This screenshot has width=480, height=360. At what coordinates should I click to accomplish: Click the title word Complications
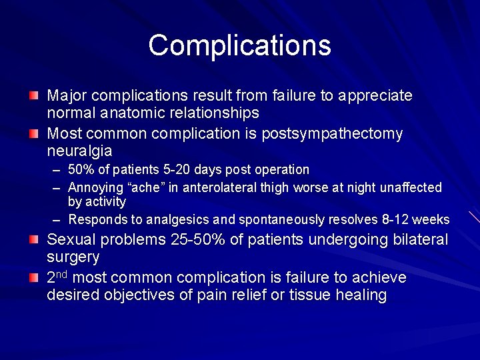[239, 45]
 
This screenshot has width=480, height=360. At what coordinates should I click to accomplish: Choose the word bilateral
[418, 240]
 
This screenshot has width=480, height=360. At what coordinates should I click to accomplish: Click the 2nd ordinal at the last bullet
[58, 277]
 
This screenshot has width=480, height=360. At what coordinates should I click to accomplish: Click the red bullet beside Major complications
[34, 96]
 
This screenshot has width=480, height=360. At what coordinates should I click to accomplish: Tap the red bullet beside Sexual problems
[34, 240]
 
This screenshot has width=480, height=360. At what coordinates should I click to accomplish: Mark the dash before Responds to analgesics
[57, 219]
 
